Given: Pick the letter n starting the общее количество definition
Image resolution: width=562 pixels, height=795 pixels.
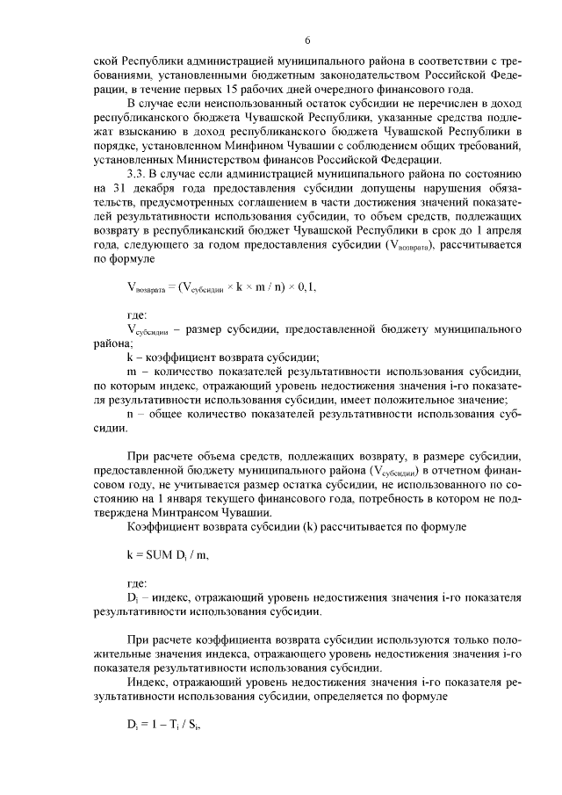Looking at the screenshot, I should [131, 413].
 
